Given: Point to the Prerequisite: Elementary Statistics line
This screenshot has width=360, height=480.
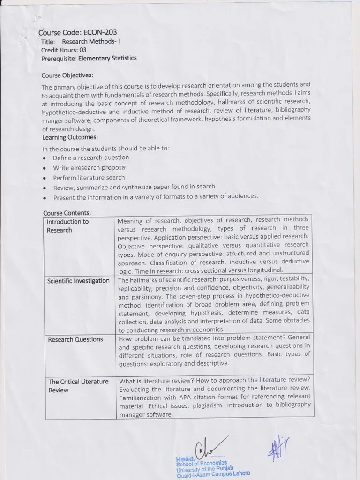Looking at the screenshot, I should click(89, 58).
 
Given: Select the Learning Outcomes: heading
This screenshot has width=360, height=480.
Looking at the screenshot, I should click(70, 137).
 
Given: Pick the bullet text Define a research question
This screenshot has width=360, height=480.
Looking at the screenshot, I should click(90, 157).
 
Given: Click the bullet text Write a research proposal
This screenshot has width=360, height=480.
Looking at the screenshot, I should click(90, 167).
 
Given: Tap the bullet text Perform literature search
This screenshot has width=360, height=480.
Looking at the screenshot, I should click(89, 178).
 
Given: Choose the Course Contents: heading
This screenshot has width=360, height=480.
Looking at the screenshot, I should click(67, 213).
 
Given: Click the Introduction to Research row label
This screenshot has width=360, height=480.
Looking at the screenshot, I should click(67, 226).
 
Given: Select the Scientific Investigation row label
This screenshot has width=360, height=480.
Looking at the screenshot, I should click(78, 281).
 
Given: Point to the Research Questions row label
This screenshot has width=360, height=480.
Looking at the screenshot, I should click(75, 339).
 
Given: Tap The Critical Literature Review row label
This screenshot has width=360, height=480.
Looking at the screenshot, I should click(78, 386).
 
